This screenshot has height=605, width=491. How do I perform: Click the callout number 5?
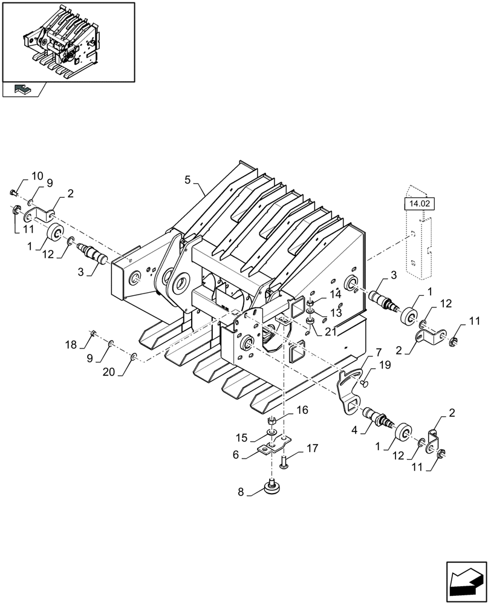[187, 180]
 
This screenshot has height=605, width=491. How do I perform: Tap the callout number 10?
[37, 176]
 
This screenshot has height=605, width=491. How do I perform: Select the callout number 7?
[378, 352]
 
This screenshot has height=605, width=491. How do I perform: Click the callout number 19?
[385, 365]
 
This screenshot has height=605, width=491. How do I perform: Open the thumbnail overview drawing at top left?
[68, 42]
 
